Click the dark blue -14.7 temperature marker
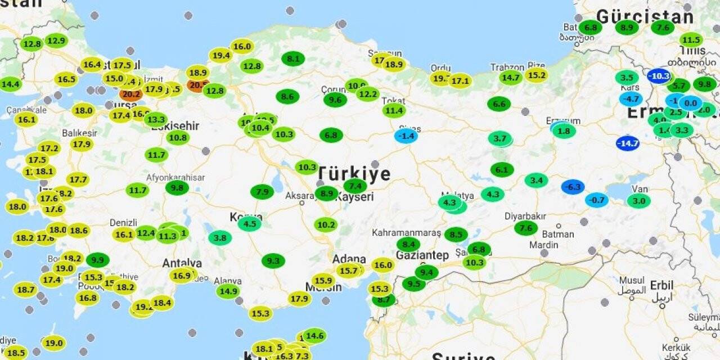(627, 143)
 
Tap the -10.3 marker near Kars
(659, 76)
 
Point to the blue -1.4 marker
(406, 136)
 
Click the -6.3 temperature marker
(573, 187)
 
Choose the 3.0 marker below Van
(639, 201)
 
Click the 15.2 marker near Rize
(537, 75)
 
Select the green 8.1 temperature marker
(293, 58)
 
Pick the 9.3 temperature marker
(273, 261)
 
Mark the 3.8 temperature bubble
(220, 238)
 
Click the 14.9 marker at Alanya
(228, 291)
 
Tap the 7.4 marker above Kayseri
(355, 186)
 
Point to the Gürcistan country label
(644, 16)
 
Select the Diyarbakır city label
(526, 217)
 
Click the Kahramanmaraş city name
(406, 232)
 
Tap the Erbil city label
(661, 285)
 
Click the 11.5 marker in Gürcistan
(691, 40)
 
